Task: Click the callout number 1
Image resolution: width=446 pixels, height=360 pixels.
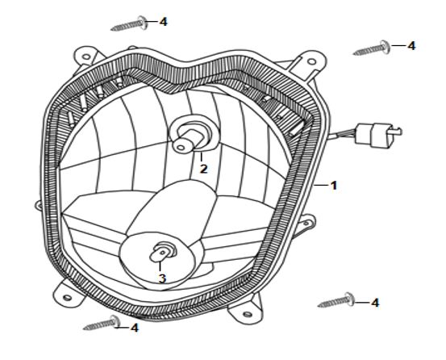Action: coord(334,186)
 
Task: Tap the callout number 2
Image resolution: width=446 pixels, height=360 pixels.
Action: coord(203,169)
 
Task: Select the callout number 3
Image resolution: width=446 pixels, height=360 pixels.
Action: coord(162,278)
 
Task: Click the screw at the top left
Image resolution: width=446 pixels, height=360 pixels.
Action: coord(129,23)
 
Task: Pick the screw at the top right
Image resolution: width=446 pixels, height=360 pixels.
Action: coord(372,48)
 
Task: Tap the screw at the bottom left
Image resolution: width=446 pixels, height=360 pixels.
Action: coord(102,323)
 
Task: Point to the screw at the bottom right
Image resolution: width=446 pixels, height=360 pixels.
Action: coord(336,300)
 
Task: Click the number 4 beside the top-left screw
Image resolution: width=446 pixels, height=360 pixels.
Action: coord(163,22)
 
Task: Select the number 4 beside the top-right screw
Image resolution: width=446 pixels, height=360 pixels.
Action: coord(411,46)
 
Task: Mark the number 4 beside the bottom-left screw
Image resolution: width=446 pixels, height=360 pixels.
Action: coord(135,328)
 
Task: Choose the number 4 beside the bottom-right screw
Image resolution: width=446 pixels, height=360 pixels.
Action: coord(375,303)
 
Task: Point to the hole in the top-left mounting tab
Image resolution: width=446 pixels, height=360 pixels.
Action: coord(86,57)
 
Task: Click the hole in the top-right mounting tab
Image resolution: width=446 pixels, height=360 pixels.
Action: coord(312,61)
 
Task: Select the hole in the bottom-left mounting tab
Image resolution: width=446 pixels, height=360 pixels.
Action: coord(67,298)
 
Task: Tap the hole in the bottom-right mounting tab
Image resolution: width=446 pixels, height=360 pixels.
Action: coord(248,314)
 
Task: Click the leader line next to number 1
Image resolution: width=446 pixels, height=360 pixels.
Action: coord(321,186)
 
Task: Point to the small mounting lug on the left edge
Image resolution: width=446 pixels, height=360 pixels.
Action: coord(39,205)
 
